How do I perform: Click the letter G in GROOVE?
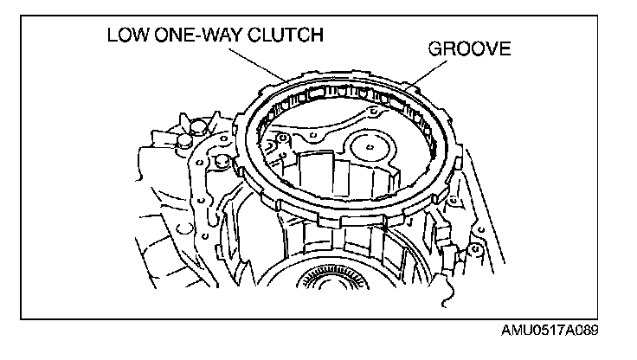click(436, 49)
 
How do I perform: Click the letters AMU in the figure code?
click(514, 332)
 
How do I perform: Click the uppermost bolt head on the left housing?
click(200, 126)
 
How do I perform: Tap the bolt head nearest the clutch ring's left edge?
click(223, 161)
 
